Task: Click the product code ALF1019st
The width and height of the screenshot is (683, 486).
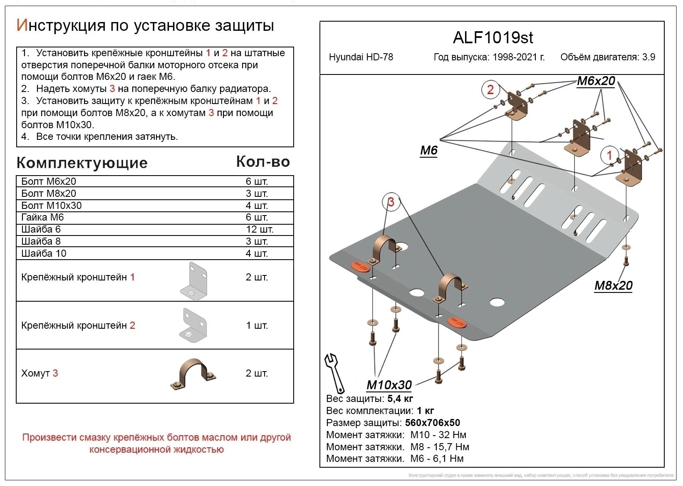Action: click(x=492, y=38)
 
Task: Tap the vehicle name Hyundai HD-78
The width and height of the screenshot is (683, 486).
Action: click(x=361, y=57)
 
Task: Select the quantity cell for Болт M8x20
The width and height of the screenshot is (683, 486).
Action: click(x=257, y=193)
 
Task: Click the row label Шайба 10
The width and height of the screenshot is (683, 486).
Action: click(x=44, y=253)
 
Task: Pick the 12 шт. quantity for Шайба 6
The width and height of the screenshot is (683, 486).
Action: click(x=260, y=229)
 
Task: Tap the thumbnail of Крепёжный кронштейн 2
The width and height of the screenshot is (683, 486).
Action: click(x=194, y=325)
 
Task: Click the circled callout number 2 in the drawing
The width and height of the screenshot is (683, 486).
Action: click(x=490, y=89)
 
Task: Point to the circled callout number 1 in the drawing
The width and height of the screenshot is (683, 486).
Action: click(x=609, y=156)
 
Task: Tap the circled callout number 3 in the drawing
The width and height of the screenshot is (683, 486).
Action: click(x=391, y=202)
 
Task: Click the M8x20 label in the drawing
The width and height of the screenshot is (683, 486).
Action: click(x=613, y=285)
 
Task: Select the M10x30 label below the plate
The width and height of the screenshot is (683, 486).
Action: click(x=389, y=385)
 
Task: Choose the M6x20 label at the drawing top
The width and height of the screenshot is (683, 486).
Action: click(x=596, y=81)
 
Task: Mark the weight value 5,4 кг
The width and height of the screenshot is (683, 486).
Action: click(x=400, y=399)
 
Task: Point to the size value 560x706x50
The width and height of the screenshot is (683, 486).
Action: click(x=432, y=423)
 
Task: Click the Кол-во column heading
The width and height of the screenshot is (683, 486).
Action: click(x=263, y=162)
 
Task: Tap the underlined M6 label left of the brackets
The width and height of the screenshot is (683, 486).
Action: click(x=428, y=150)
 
